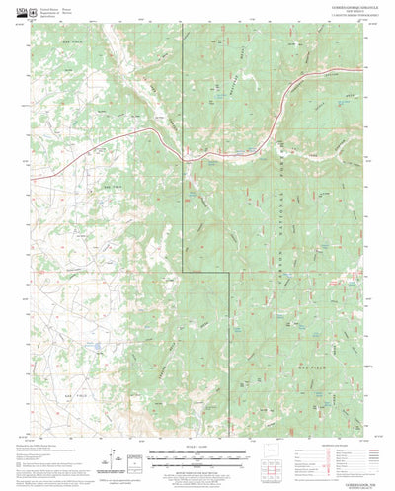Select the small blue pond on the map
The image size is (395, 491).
coord(96,350)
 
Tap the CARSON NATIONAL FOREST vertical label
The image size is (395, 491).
coord(286,178)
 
